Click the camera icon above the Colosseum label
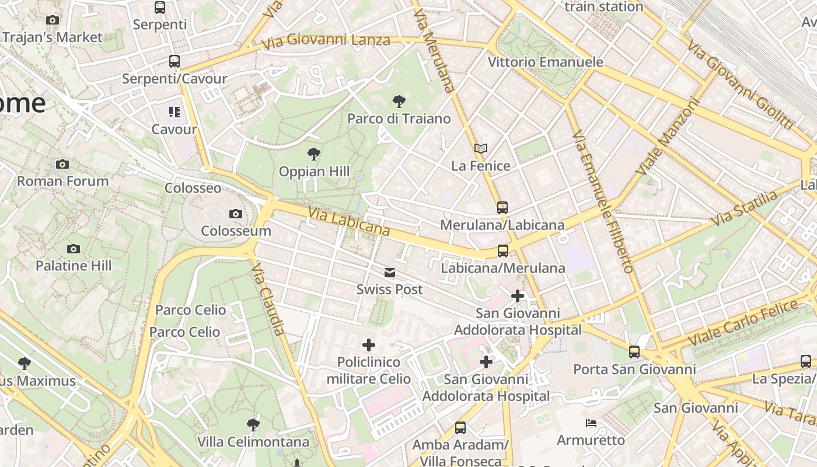coord(236,214)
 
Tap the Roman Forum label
coord(62,181)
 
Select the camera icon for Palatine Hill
coord(73,249)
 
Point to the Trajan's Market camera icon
coord(53,20)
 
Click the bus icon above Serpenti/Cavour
coord(174,61)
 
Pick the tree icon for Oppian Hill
coord(314,154)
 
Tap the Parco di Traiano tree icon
coord(399,102)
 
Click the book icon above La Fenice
coord(480,149)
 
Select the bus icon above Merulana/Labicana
coord(502,207)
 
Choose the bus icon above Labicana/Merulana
coord(502,251)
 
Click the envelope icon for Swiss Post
coord(389,273)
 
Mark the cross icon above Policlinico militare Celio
coord(368,345)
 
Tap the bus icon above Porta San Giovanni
coord(634,352)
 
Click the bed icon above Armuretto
coord(591,423)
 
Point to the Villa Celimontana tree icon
coord(253,424)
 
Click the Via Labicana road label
coord(349,222)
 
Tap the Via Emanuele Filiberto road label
coord(603,201)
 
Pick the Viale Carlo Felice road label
coord(742,321)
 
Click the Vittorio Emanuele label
coord(545,62)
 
